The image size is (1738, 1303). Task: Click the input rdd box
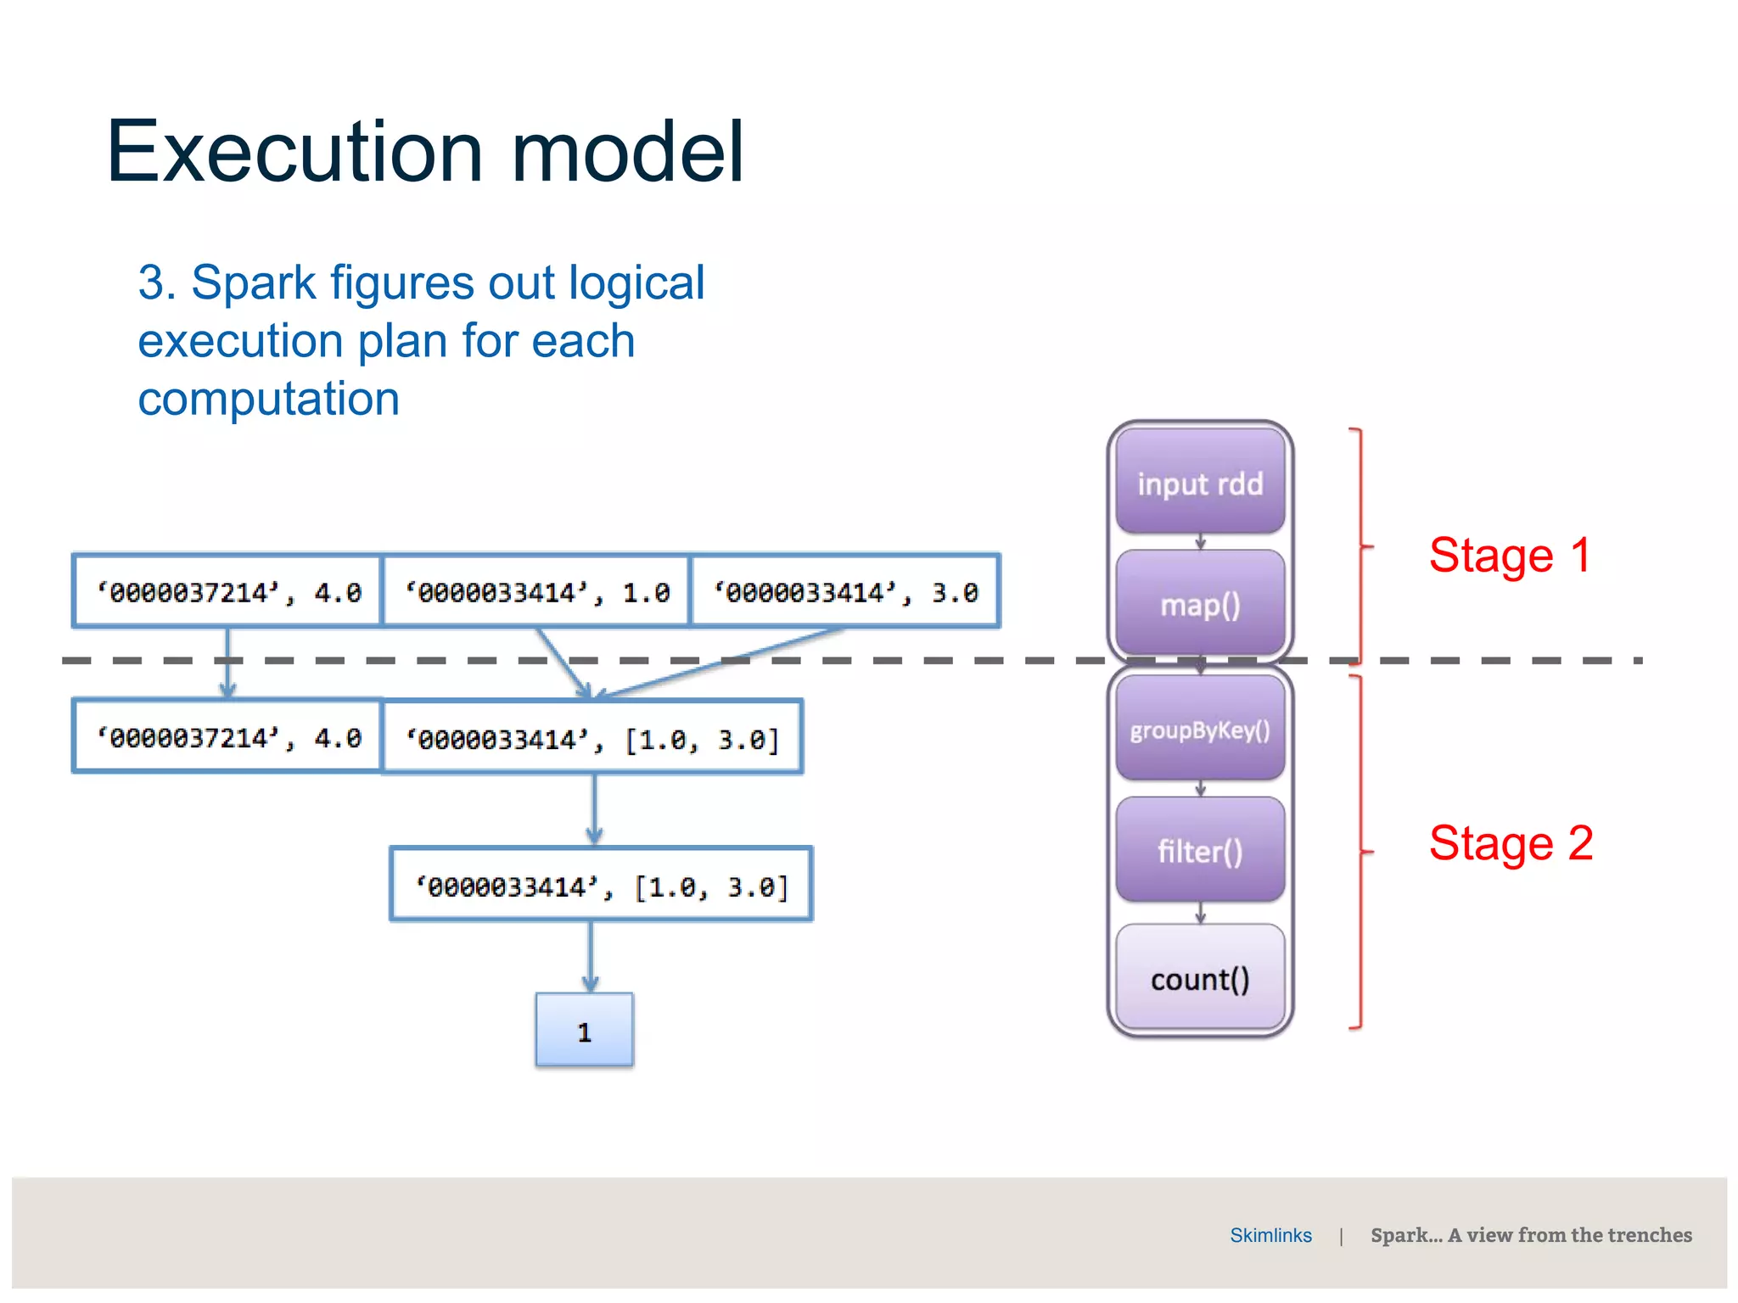click(x=1200, y=483)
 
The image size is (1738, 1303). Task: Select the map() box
click(x=1200, y=604)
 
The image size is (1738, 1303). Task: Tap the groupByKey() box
click(x=1200, y=729)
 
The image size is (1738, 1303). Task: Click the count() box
click(x=1200, y=978)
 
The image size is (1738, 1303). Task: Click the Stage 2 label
click(x=1511, y=843)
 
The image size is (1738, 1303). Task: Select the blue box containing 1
click(x=584, y=1031)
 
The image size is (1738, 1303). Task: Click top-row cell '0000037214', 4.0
click(x=227, y=591)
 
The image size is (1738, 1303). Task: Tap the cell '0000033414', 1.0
click(x=536, y=591)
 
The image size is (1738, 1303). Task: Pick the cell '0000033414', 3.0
click(x=845, y=591)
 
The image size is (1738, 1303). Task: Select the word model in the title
click(x=627, y=152)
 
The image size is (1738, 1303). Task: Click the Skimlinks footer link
click(x=1270, y=1235)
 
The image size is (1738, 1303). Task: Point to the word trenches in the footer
click(x=1649, y=1235)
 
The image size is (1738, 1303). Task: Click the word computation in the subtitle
click(x=268, y=399)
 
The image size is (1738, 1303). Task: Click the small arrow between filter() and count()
click(x=1200, y=913)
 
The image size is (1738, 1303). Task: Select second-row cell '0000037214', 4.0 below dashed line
click(x=227, y=737)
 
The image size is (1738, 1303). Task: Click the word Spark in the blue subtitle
click(x=253, y=282)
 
